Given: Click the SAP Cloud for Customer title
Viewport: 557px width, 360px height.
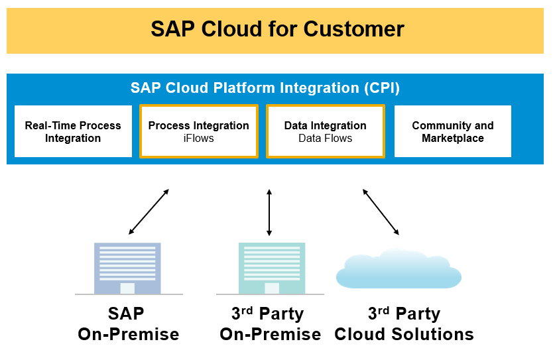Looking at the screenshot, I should (x=277, y=29).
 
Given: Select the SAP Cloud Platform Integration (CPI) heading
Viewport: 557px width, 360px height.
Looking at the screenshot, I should (x=265, y=88).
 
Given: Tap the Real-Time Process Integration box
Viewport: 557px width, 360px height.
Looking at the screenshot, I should (x=73, y=131).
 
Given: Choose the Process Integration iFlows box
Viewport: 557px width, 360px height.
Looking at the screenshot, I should (x=198, y=131).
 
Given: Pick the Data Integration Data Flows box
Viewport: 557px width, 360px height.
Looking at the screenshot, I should (x=325, y=131).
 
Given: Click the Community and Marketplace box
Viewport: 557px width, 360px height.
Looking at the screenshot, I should (x=452, y=131).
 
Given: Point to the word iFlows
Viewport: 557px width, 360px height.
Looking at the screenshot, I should (x=198, y=139).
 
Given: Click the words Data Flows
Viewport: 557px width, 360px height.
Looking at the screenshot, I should (x=325, y=139).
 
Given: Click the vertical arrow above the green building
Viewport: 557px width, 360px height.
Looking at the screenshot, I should (x=269, y=212).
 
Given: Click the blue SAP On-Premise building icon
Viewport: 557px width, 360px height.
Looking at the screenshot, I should (x=127, y=268).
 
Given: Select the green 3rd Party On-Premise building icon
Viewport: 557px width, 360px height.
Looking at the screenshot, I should (x=271, y=268).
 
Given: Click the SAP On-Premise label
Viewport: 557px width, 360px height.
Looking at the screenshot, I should (x=128, y=324).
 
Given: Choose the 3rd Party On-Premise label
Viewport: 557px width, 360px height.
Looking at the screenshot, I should (x=270, y=324).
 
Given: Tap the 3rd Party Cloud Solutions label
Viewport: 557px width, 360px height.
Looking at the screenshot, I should (x=404, y=324).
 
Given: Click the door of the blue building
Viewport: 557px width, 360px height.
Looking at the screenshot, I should (x=127, y=288).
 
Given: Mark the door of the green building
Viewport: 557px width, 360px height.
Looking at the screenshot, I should (x=271, y=288).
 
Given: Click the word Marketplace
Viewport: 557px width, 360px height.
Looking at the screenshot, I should (x=452, y=139).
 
